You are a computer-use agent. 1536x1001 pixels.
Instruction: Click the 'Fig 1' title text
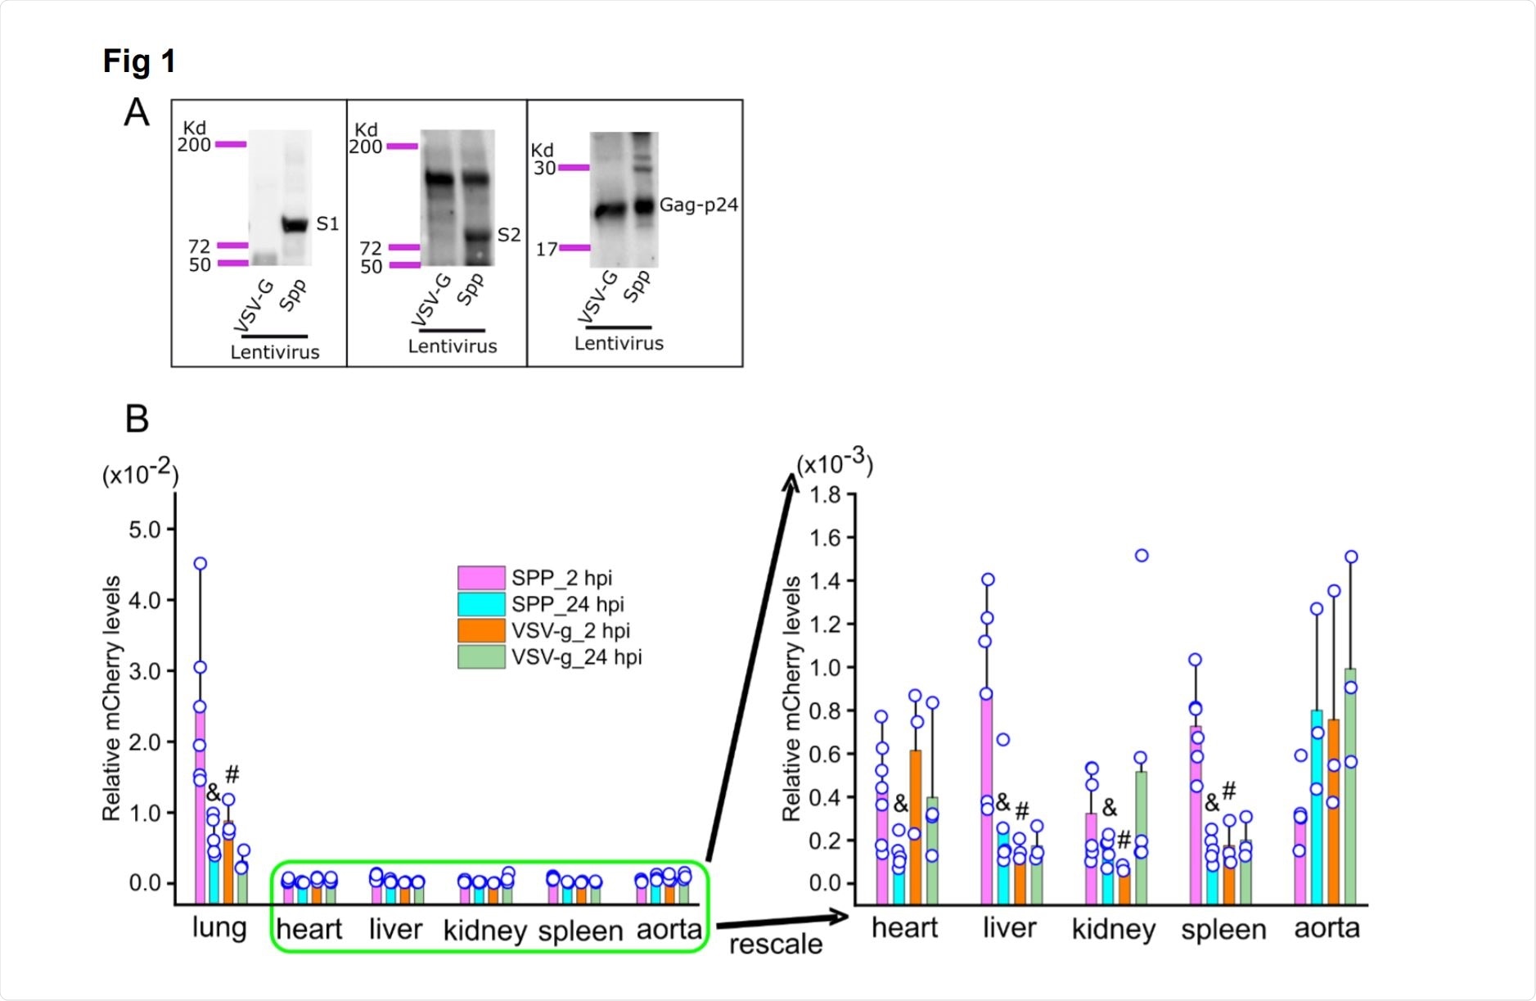pyautogui.click(x=139, y=61)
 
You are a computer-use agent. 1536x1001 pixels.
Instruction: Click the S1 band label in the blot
pyautogui.click(x=327, y=224)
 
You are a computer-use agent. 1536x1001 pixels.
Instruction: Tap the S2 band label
pyautogui.click(x=508, y=236)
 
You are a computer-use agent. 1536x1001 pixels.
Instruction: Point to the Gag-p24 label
pyautogui.click(x=698, y=205)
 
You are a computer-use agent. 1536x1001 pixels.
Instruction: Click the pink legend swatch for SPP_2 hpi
pyautogui.click(x=480, y=578)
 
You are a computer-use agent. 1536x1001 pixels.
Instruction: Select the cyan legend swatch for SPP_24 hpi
pyautogui.click(x=480, y=604)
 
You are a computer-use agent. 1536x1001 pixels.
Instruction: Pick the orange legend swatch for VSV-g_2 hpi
pyautogui.click(x=480, y=630)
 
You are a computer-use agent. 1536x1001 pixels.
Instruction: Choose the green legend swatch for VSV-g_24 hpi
pyautogui.click(x=480, y=656)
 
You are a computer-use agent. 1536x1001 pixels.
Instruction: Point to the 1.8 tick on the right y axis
pyautogui.click(x=825, y=494)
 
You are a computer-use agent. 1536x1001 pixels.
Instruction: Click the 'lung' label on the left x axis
pyautogui.click(x=219, y=928)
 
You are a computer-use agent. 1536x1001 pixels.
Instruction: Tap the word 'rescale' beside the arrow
pyautogui.click(x=775, y=945)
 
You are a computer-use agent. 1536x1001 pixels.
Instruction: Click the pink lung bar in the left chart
pyautogui.click(x=200, y=802)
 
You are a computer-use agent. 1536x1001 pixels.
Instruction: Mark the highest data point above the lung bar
pyautogui.click(x=200, y=564)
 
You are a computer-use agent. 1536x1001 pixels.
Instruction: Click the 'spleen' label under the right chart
pyautogui.click(x=1223, y=931)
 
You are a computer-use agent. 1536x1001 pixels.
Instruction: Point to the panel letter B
pyautogui.click(x=137, y=419)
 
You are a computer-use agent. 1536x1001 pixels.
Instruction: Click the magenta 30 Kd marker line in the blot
pyautogui.click(x=573, y=168)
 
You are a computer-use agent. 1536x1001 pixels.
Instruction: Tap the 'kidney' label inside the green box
pyautogui.click(x=484, y=931)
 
